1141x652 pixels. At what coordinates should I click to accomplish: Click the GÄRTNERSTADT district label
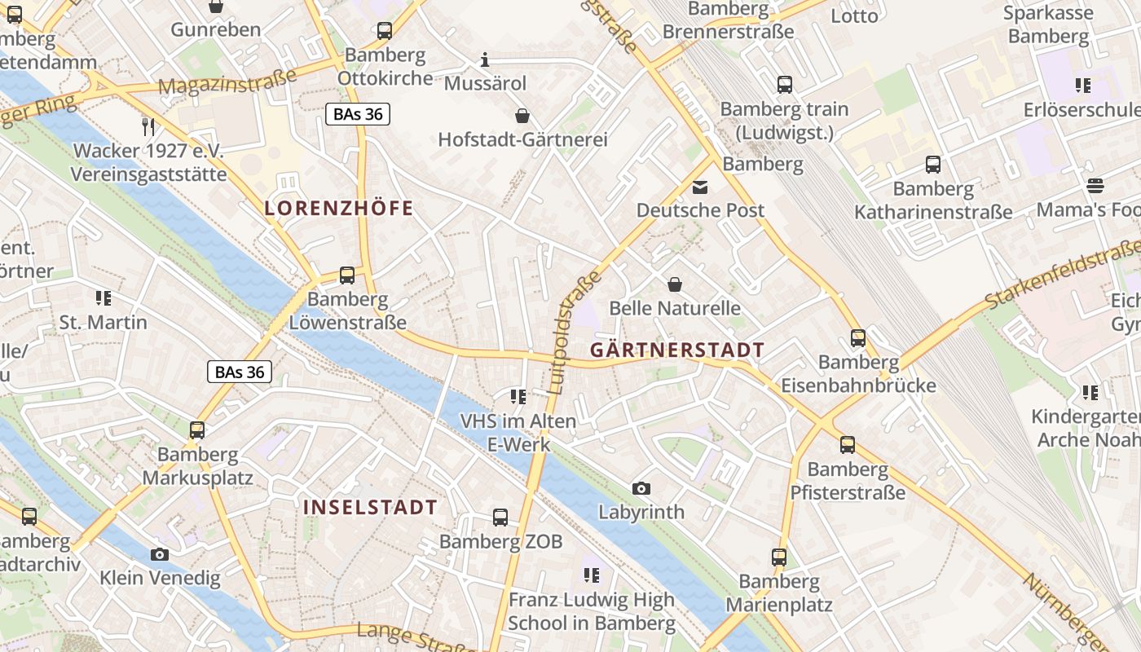(677, 350)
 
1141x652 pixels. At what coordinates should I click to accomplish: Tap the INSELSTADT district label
(370, 507)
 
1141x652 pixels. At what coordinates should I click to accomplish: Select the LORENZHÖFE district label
(339, 208)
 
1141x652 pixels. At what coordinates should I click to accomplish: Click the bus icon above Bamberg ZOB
(500, 517)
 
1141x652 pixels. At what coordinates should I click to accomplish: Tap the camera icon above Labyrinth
(641, 488)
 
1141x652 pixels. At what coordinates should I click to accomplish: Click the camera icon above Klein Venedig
(160, 554)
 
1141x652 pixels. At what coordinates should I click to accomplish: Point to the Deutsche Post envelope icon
(700, 187)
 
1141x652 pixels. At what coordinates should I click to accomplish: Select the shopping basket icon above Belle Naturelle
(675, 284)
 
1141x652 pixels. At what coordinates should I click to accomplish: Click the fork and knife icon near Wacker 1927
(148, 126)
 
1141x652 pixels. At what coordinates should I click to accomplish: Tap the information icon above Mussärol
(485, 59)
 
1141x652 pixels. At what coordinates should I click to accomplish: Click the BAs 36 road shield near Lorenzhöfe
(358, 114)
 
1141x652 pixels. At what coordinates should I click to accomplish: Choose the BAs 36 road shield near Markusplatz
(240, 372)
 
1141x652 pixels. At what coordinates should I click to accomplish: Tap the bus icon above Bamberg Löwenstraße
(347, 275)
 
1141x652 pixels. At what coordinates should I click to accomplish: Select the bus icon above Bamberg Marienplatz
(779, 557)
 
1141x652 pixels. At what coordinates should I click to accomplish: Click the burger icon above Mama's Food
(1095, 186)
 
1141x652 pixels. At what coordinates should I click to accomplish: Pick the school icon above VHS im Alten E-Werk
(518, 397)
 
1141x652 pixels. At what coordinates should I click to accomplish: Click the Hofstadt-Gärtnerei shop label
(523, 139)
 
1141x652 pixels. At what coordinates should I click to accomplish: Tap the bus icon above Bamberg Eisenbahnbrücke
(858, 337)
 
